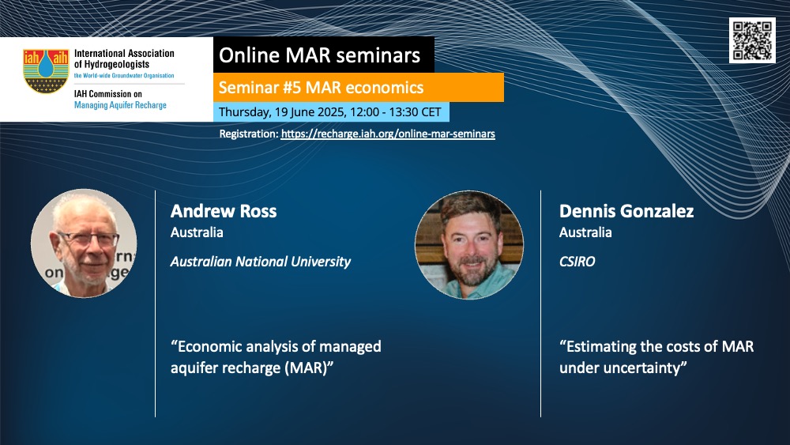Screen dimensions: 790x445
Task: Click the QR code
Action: tap(752, 40)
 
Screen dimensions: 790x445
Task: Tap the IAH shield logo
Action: tap(46, 71)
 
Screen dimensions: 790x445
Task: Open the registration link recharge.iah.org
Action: tap(388, 134)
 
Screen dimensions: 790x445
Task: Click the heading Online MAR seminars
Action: tap(319, 55)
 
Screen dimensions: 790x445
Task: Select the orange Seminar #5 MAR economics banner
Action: tap(358, 87)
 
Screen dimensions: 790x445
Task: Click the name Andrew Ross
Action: tap(224, 211)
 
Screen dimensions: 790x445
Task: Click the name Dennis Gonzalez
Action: tap(626, 211)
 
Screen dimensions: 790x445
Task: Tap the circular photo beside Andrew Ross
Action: tap(84, 243)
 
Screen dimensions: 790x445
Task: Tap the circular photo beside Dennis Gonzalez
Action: tap(469, 245)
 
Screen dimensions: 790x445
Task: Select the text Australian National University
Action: tap(261, 262)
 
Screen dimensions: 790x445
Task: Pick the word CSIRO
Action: tap(577, 262)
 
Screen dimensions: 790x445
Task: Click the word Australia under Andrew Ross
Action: tap(197, 232)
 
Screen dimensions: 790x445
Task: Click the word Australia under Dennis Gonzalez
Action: tap(585, 232)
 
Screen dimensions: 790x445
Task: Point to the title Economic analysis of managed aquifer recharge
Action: tap(276, 356)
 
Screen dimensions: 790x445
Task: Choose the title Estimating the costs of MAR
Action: tap(656, 356)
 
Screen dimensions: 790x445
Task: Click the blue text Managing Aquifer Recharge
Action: tap(120, 105)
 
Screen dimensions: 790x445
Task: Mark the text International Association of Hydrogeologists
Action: tap(124, 58)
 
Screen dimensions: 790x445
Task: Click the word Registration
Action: tap(248, 134)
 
